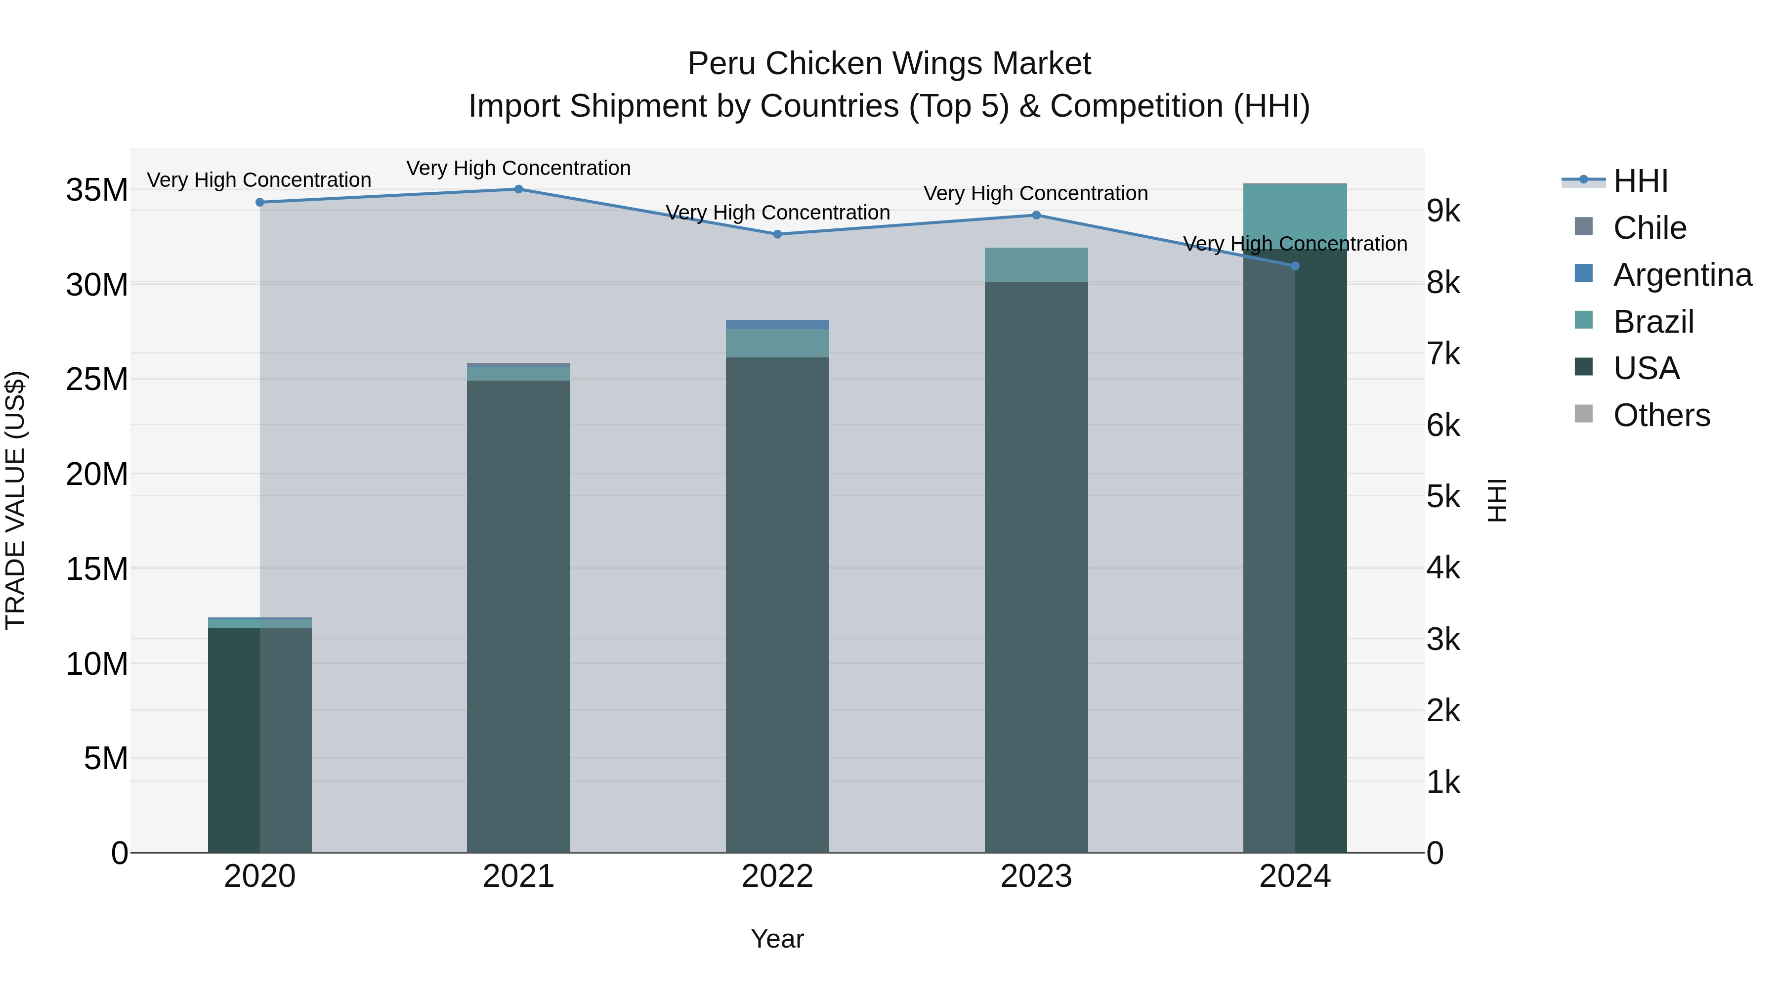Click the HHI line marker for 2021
tap(519, 189)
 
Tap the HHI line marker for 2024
tap(1295, 266)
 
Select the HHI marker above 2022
tap(778, 234)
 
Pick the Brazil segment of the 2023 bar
tap(1036, 264)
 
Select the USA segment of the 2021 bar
tap(519, 615)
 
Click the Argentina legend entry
tap(1682, 275)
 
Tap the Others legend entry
tap(1661, 415)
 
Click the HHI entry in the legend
tap(1640, 181)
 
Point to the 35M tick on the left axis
tap(97, 190)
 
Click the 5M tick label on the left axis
tap(106, 758)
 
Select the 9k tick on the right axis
tap(1443, 212)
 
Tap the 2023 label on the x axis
tap(1036, 876)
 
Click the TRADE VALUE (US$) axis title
tap(15, 500)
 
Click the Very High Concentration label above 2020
tap(259, 179)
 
